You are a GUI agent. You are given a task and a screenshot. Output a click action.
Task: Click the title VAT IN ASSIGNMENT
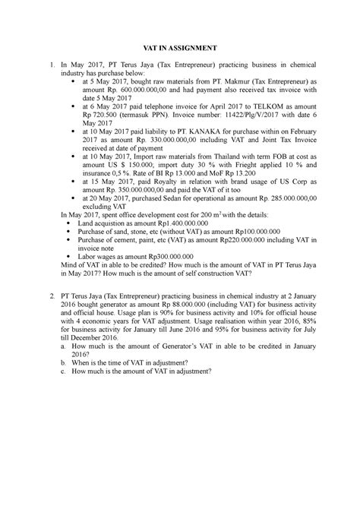[x=180, y=46]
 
